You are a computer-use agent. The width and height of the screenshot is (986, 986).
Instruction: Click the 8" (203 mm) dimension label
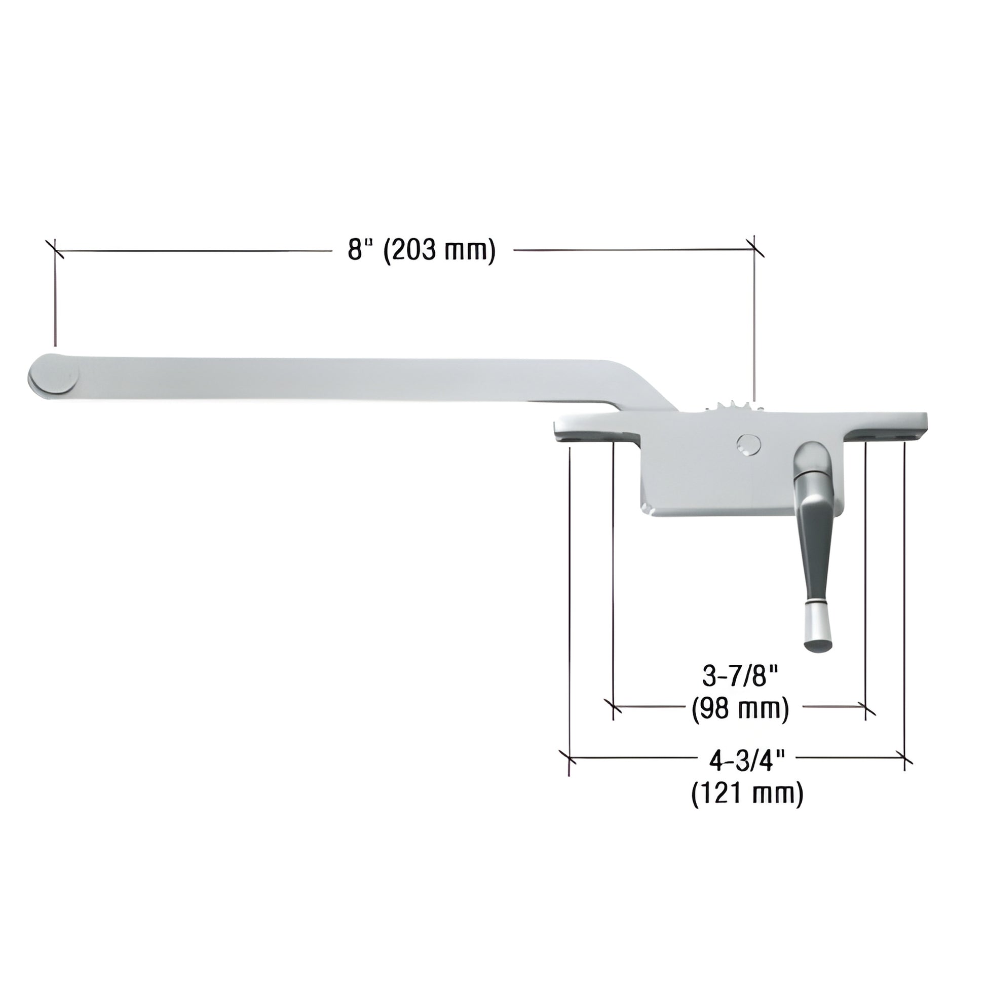(422, 251)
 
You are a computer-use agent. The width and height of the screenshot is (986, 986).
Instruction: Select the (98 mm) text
(740, 708)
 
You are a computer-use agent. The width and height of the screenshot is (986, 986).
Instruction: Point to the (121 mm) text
(747, 793)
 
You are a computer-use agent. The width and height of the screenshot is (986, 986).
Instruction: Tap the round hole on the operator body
(749, 444)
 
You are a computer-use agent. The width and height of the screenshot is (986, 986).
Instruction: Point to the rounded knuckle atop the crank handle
(812, 457)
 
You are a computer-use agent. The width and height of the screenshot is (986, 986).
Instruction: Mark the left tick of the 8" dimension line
(54, 249)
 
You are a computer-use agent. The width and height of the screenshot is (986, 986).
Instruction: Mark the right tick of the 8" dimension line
(754, 248)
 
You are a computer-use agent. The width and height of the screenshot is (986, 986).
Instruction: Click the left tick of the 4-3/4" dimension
(568, 757)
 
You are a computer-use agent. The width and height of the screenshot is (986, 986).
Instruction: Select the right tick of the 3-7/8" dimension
(866, 708)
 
